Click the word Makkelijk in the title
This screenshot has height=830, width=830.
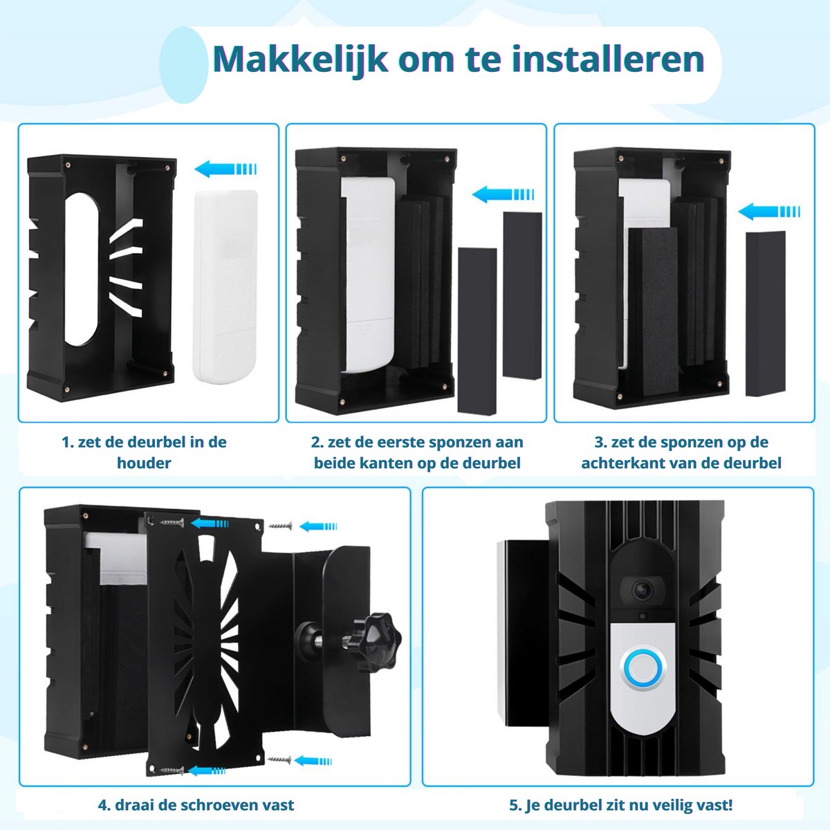pyautogui.click(x=299, y=60)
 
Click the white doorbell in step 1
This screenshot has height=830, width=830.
pyautogui.click(x=225, y=286)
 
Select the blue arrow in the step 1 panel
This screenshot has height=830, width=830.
pyautogui.click(x=225, y=168)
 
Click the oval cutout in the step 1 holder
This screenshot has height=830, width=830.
pyautogui.click(x=82, y=269)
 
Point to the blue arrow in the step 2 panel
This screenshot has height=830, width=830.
pyautogui.click(x=503, y=194)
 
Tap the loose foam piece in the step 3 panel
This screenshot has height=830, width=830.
pyautogui.click(x=766, y=313)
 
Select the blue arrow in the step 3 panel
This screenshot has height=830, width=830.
pyautogui.click(x=769, y=212)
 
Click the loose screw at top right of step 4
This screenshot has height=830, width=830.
pyautogui.click(x=280, y=526)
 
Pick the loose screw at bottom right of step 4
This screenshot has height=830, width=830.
pyautogui.click(x=279, y=759)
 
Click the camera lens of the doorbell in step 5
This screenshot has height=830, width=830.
pyautogui.click(x=643, y=590)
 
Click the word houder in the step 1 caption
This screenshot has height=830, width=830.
pyautogui.click(x=144, y=463)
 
